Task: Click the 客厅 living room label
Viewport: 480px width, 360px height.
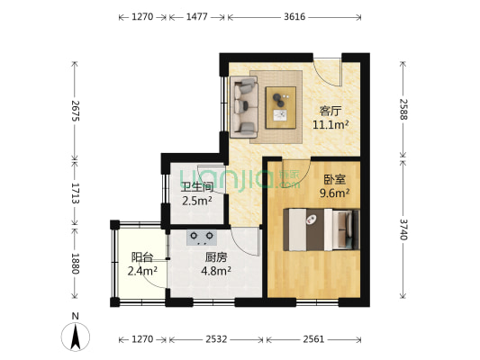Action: point(331,111)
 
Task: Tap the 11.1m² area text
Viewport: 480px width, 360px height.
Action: point(331,125)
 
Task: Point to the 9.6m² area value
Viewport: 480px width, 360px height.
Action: point(334,192)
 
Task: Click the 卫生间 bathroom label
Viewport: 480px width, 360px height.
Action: point(196,187)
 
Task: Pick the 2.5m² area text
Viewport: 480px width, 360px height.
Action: point(196,201)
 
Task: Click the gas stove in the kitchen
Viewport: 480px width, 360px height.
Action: point(202,238)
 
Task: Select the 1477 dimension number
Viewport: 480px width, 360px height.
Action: point(196,15)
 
